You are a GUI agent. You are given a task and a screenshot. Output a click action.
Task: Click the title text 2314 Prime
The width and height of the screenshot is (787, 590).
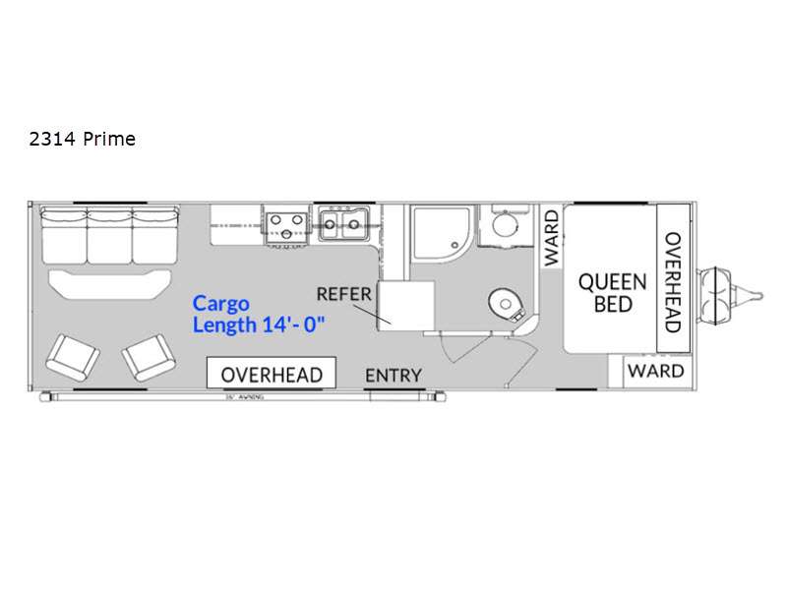click(83, 139)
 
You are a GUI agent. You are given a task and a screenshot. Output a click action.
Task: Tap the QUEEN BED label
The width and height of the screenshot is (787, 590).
click(612, 292)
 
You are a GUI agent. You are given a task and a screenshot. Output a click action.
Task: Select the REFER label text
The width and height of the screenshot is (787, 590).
click(343, 293)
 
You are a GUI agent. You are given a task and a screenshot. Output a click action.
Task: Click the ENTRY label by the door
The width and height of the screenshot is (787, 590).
click(393, 375)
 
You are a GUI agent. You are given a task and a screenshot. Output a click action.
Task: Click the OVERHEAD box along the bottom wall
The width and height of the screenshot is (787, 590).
click(271, 374)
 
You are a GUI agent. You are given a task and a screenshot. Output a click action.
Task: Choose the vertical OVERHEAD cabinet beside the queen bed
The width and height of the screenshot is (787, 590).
click(673, 282)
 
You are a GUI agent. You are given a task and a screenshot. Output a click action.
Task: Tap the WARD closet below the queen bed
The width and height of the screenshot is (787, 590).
click(655, 371)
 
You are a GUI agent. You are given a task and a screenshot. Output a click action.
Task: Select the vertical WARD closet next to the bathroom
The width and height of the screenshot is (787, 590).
click(551, 237)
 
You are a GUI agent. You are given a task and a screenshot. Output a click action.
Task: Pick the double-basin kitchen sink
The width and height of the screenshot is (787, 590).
click(342, 224)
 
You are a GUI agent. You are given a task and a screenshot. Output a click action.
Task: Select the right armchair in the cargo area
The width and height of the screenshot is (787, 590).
click(148, 357)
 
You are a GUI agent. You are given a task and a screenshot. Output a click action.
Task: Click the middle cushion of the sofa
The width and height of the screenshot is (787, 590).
click(110, 233)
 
